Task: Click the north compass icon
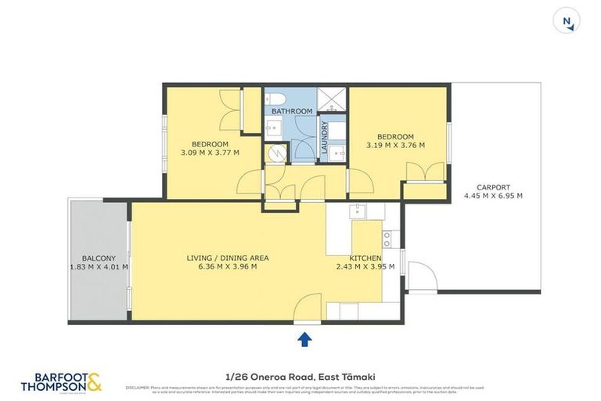tap(567, 21)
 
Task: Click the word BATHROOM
tap(291, 111)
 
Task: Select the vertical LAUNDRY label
tap(324, 135)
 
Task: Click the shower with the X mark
tap(335, 99)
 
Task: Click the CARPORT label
tap(493, 187)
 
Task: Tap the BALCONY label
tap(99, 258)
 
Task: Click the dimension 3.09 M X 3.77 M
tap(210, 152)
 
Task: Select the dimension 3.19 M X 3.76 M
tap(395, 145)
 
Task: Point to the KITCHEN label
tap(365, 258)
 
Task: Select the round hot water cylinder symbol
tap(274, 154)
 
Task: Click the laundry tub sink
tap(336, 151)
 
